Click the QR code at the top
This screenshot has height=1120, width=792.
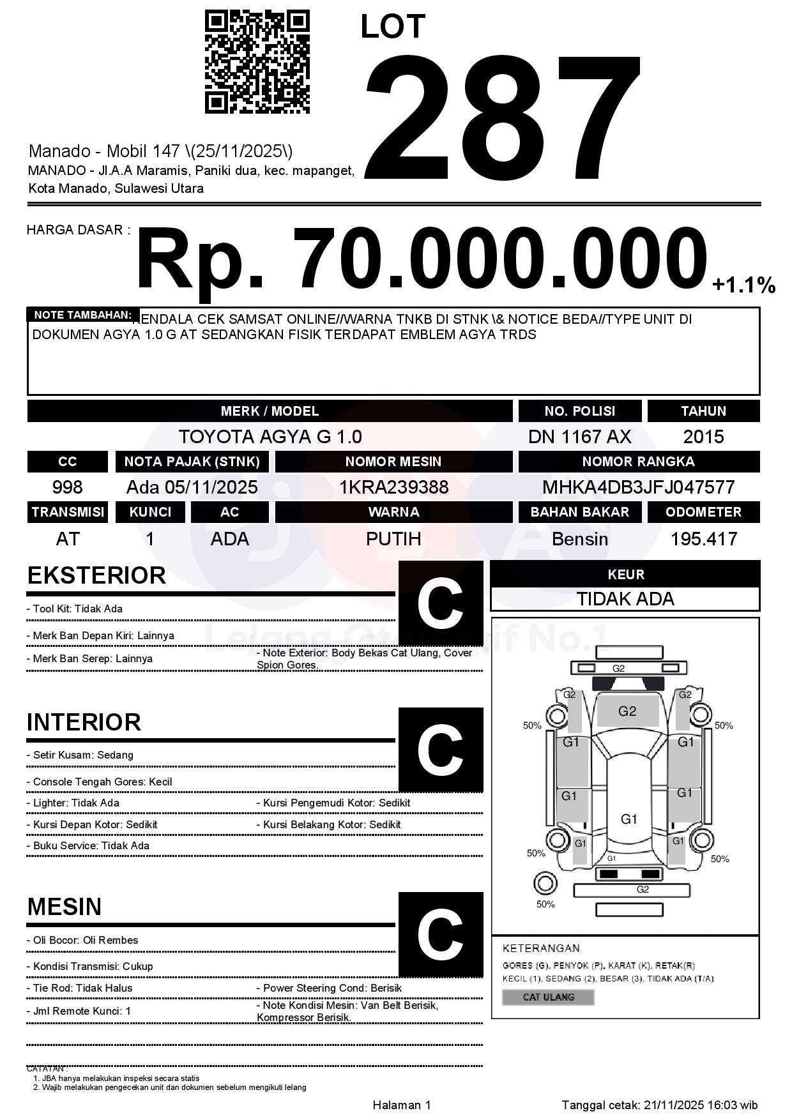pyautogui.click(x=257, y=62)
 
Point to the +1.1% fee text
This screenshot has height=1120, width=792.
pyautogui.click(x=743, y=285)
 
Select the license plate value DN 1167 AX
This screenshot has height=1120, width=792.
pyautogui.click(x=579, y=437)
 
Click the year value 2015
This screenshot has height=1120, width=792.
pyautogui.click(x=703, y=437)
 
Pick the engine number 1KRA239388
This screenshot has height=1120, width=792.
pyautogui.click(x=393, y=487)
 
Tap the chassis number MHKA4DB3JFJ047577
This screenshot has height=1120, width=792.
pyautogui.click(x=638, y=487)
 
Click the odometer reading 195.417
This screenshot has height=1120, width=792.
pyautogui.click(x=703, y=539)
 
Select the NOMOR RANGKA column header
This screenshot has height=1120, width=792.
pyautogui.click(x=638, y=462)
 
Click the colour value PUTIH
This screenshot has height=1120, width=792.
pyautogui.click(x=393, y=539)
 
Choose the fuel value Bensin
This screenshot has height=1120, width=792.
pyautogui.click(x=579, y=539)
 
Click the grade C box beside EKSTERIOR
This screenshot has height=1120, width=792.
pyautogui.click(x=440, y=603)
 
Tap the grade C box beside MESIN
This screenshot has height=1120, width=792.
pyautogui.click(x=440, y=934)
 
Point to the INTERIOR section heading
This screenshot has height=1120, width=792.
pyautogui.click(x=84, y=722)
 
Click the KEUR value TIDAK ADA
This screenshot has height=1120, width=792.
pyautogui.click(x=625, y=599)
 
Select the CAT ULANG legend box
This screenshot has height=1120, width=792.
pyautogui.click(x=548, y=997)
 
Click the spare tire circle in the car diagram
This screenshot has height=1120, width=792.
pyautogui.click(x=545, y=884)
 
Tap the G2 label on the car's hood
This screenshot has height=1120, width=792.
pyautogui.click(x=627, y=711)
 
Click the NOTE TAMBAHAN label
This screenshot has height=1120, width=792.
pyautogui.click(x=82, y=315)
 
